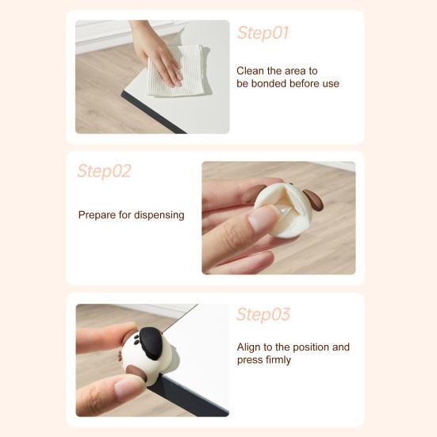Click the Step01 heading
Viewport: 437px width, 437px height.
(x=263, y=33)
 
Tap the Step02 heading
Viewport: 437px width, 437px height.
(x=104, y=171)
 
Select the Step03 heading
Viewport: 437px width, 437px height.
(x=263, y=315)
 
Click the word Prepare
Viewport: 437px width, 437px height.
(x=98, y=215)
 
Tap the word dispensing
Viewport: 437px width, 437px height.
(x=159, y=215)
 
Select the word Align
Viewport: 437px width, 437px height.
(x=250, y=347)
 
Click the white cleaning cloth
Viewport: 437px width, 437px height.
(x=178, y=71)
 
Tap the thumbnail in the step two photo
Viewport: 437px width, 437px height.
(x=261, y=220)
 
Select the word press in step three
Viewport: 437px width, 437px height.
(x=250, y=360)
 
